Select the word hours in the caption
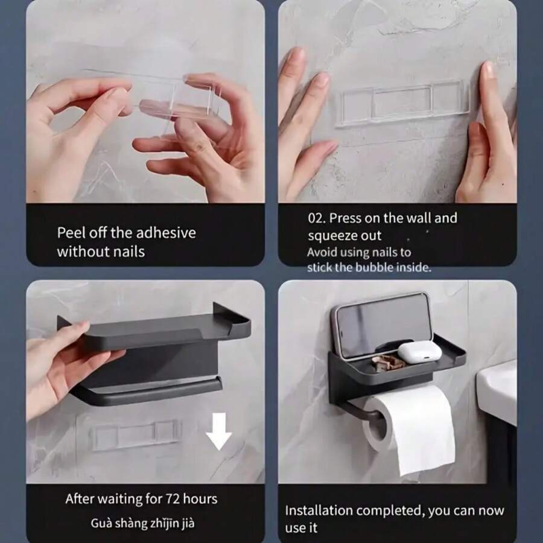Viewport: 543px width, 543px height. pos(200,499)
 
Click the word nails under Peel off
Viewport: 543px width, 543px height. pos(129,251)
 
